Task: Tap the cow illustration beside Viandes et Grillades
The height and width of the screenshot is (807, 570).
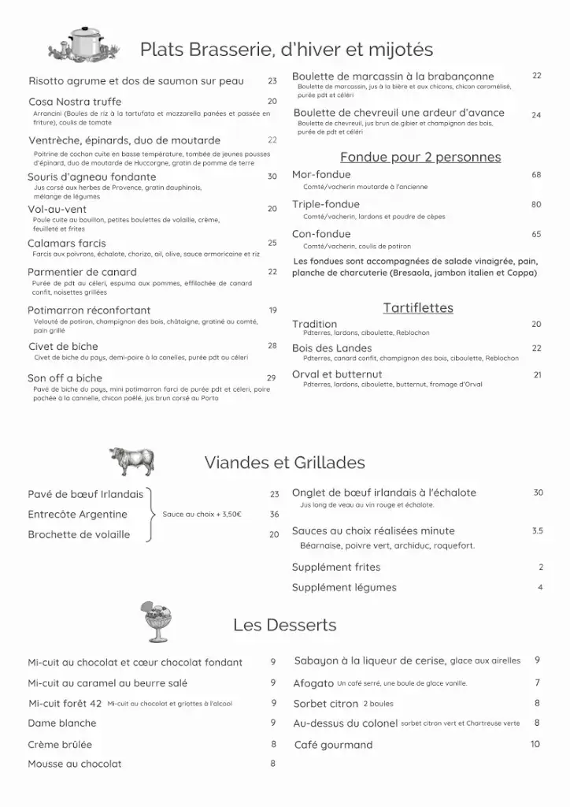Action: tap(131, 460)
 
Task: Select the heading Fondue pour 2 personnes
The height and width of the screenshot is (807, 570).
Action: tap(420, 157)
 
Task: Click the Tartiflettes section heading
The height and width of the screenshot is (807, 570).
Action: tap(418, 307)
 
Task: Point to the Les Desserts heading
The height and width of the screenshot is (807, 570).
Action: tap(284, 625)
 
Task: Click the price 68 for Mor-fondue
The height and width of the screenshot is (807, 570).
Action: tap(536, 175)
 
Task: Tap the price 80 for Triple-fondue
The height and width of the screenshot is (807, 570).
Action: tap(536, 205)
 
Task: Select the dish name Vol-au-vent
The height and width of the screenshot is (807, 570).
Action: tap(57, 210)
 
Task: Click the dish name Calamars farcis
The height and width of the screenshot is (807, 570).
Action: tap(67, 244)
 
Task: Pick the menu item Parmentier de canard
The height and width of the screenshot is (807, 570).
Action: tap(82, 272)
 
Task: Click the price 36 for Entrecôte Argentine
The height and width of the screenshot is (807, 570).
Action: tap(274, 515)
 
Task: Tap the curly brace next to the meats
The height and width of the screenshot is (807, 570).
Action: tap(152, 515)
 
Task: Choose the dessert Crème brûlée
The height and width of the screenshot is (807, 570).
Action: tap(60, 744)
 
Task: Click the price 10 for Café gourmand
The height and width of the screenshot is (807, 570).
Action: tap(535, 744)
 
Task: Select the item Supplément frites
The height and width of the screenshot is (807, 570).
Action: tap(336, 567)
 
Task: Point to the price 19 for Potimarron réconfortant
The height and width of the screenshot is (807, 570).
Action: tap(272, 311)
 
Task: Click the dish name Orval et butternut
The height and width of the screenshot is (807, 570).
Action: tap(337, 374)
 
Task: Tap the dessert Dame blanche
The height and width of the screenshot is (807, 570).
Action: tap(62, 723)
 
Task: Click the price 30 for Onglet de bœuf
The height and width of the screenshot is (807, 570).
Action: tap(538, 493)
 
